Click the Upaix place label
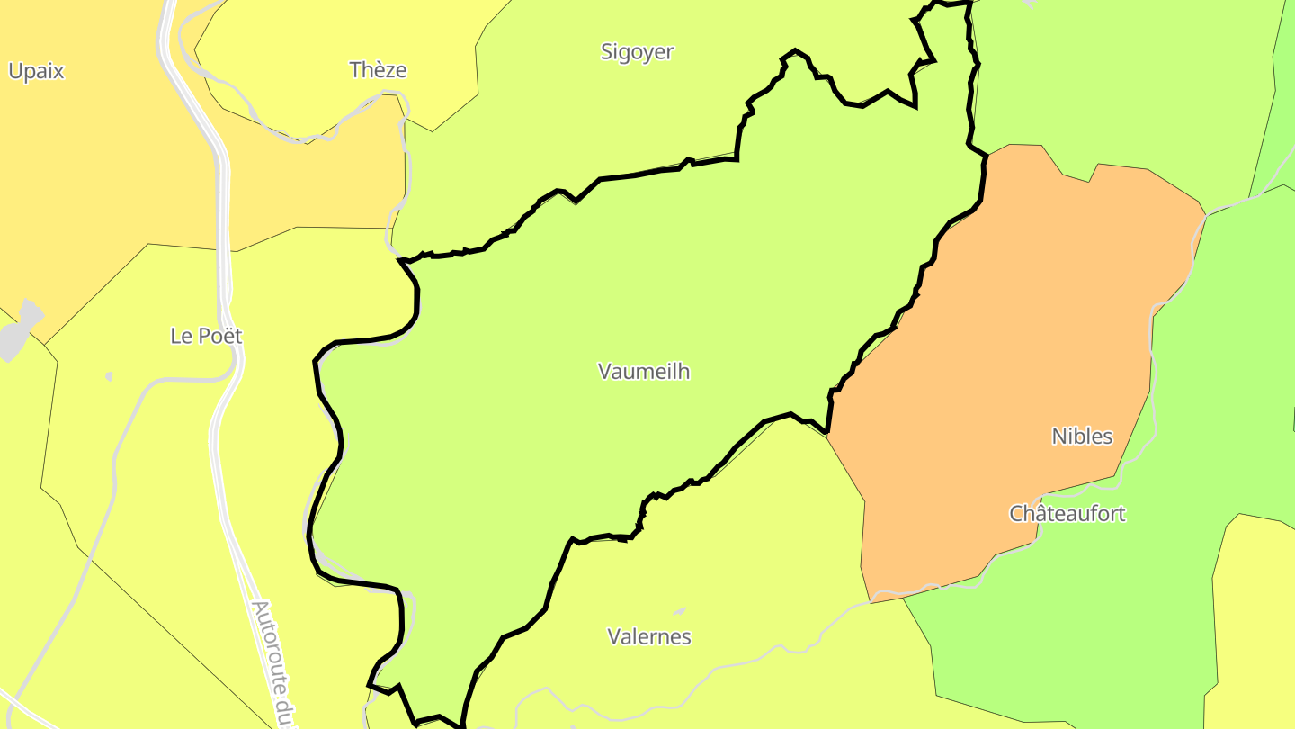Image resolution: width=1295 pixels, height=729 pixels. pos(36,72)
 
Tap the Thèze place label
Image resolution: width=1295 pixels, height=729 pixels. pos(378,70)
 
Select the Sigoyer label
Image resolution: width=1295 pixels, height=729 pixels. pos(637,52)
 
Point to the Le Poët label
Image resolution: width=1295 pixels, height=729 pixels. pos(206,336)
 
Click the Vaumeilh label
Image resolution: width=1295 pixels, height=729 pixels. pos(644,371)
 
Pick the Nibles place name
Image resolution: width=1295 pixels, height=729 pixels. pos(1082,436)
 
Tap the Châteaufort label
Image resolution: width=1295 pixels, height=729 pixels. pos(1067,514)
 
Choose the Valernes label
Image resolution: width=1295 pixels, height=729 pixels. pos(649,637)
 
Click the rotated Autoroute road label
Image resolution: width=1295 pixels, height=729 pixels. pos(273,661)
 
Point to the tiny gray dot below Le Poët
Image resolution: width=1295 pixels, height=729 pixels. pos(109,376)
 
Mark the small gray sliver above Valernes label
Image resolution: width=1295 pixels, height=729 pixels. pos(679,611)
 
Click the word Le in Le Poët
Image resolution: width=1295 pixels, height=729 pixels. pos(180,336)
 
